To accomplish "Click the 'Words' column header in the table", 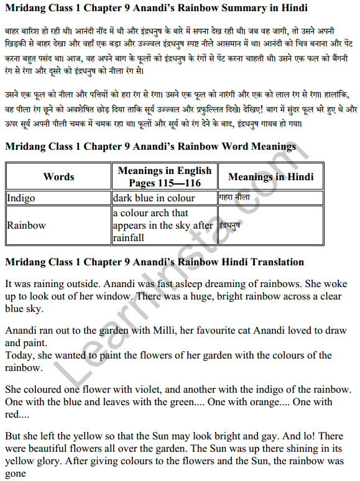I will [58, 176].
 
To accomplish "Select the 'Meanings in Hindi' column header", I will [270, 176].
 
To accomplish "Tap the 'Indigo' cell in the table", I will [21, 198].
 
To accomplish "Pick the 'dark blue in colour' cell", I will [154, 198].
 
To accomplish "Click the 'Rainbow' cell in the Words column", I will [26, 225].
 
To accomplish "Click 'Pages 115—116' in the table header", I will [164, 183].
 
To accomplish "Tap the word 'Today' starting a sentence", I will [19, 355].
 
